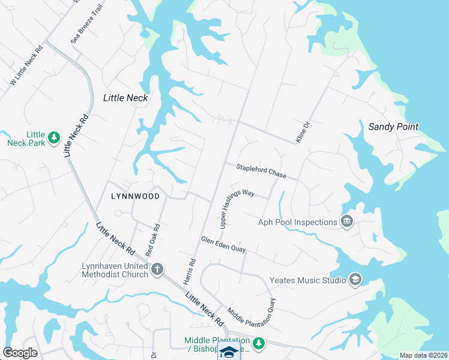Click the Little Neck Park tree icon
(x=54, y=137)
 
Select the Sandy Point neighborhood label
(x=393, y=127)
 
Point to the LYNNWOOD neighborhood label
(x=136, y=196)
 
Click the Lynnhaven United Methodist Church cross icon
(x=157, y=268)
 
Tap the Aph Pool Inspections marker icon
(x=346, y=222)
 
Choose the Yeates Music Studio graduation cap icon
(x=355, y=280)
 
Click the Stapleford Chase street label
(x=261, y=171)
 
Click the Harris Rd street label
(x=193, y=271)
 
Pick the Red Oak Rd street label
(x=152, y=240)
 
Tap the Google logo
(x=20, y=353)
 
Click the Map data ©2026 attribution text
(x=423, y=355)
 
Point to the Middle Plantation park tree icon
(x=258, y=343)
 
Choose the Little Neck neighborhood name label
(x=125, y=97)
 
